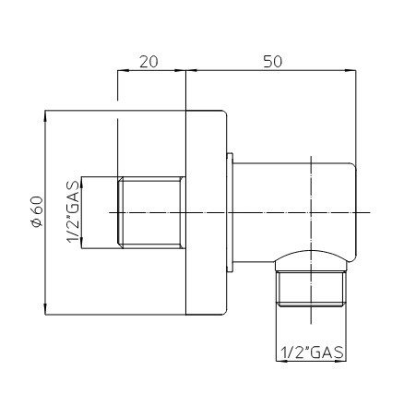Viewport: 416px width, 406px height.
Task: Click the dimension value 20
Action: pyautogui.click(x=149, y=62)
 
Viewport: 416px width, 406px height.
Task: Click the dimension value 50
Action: pyautogui.click(x=272, y=62)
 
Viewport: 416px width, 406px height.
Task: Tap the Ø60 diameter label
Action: pyautogui.click(x=37, y=211)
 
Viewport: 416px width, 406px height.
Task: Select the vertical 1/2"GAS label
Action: pyautogui.click(x=73, y=212)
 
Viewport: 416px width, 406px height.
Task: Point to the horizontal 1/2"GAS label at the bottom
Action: pyautogui.click(x=312, y=352)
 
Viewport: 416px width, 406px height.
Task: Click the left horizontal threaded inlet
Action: pyautogui.click(x=151, y=212)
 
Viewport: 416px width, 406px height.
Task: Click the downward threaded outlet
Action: pyautogui.click(x=311, y=289)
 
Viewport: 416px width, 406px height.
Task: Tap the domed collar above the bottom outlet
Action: pyautogui.click(x=311, y=261)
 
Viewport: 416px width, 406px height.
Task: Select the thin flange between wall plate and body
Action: pyautogui.click(x=230, y=212)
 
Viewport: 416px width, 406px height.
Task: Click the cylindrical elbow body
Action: pyautogui.click(x=294, y=212)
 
